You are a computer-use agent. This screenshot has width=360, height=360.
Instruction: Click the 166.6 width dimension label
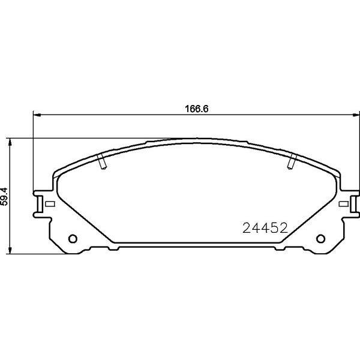click(x=197, y=109)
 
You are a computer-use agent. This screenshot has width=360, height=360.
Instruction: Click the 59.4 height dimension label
click(x=4, y=196)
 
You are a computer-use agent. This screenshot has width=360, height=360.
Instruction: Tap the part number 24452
click(x=265, y=228)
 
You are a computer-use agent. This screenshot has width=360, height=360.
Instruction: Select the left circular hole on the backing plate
click(x=73, y=239)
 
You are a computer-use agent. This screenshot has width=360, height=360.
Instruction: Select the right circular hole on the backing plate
click(x=320, y=239)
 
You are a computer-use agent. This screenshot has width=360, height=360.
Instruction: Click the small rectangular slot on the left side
click(x=50, y=203)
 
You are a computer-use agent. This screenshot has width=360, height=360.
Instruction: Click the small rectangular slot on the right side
click(x=343, y=203)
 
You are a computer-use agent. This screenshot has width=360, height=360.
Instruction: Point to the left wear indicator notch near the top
click(x=102, y=161)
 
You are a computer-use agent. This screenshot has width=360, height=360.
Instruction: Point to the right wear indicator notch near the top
click(x=292, y=161)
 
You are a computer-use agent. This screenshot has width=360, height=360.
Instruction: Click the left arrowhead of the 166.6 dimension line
click(x=37, y=115)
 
